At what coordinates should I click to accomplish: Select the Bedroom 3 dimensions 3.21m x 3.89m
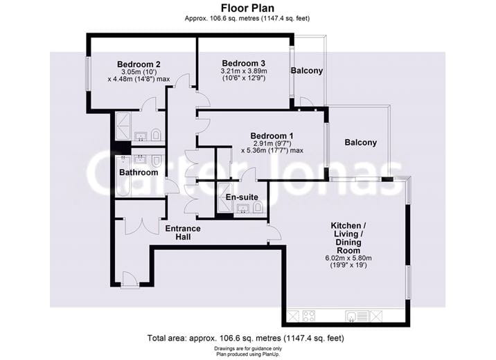coord(244,71)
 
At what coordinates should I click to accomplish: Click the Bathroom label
coord(139,172)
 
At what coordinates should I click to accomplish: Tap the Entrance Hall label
coord(183,233)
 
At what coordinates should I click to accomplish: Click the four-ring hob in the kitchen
coord(309,316)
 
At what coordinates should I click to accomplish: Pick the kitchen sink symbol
coord(354,316)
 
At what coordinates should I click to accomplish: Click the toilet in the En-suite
coord(258,207)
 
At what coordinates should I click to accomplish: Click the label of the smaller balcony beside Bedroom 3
coord(307,71)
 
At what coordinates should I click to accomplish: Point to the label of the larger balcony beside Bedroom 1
coord(360,143)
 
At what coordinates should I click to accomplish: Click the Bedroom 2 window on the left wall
coord(88,73)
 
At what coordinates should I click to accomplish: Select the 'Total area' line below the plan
coord(245,339)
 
